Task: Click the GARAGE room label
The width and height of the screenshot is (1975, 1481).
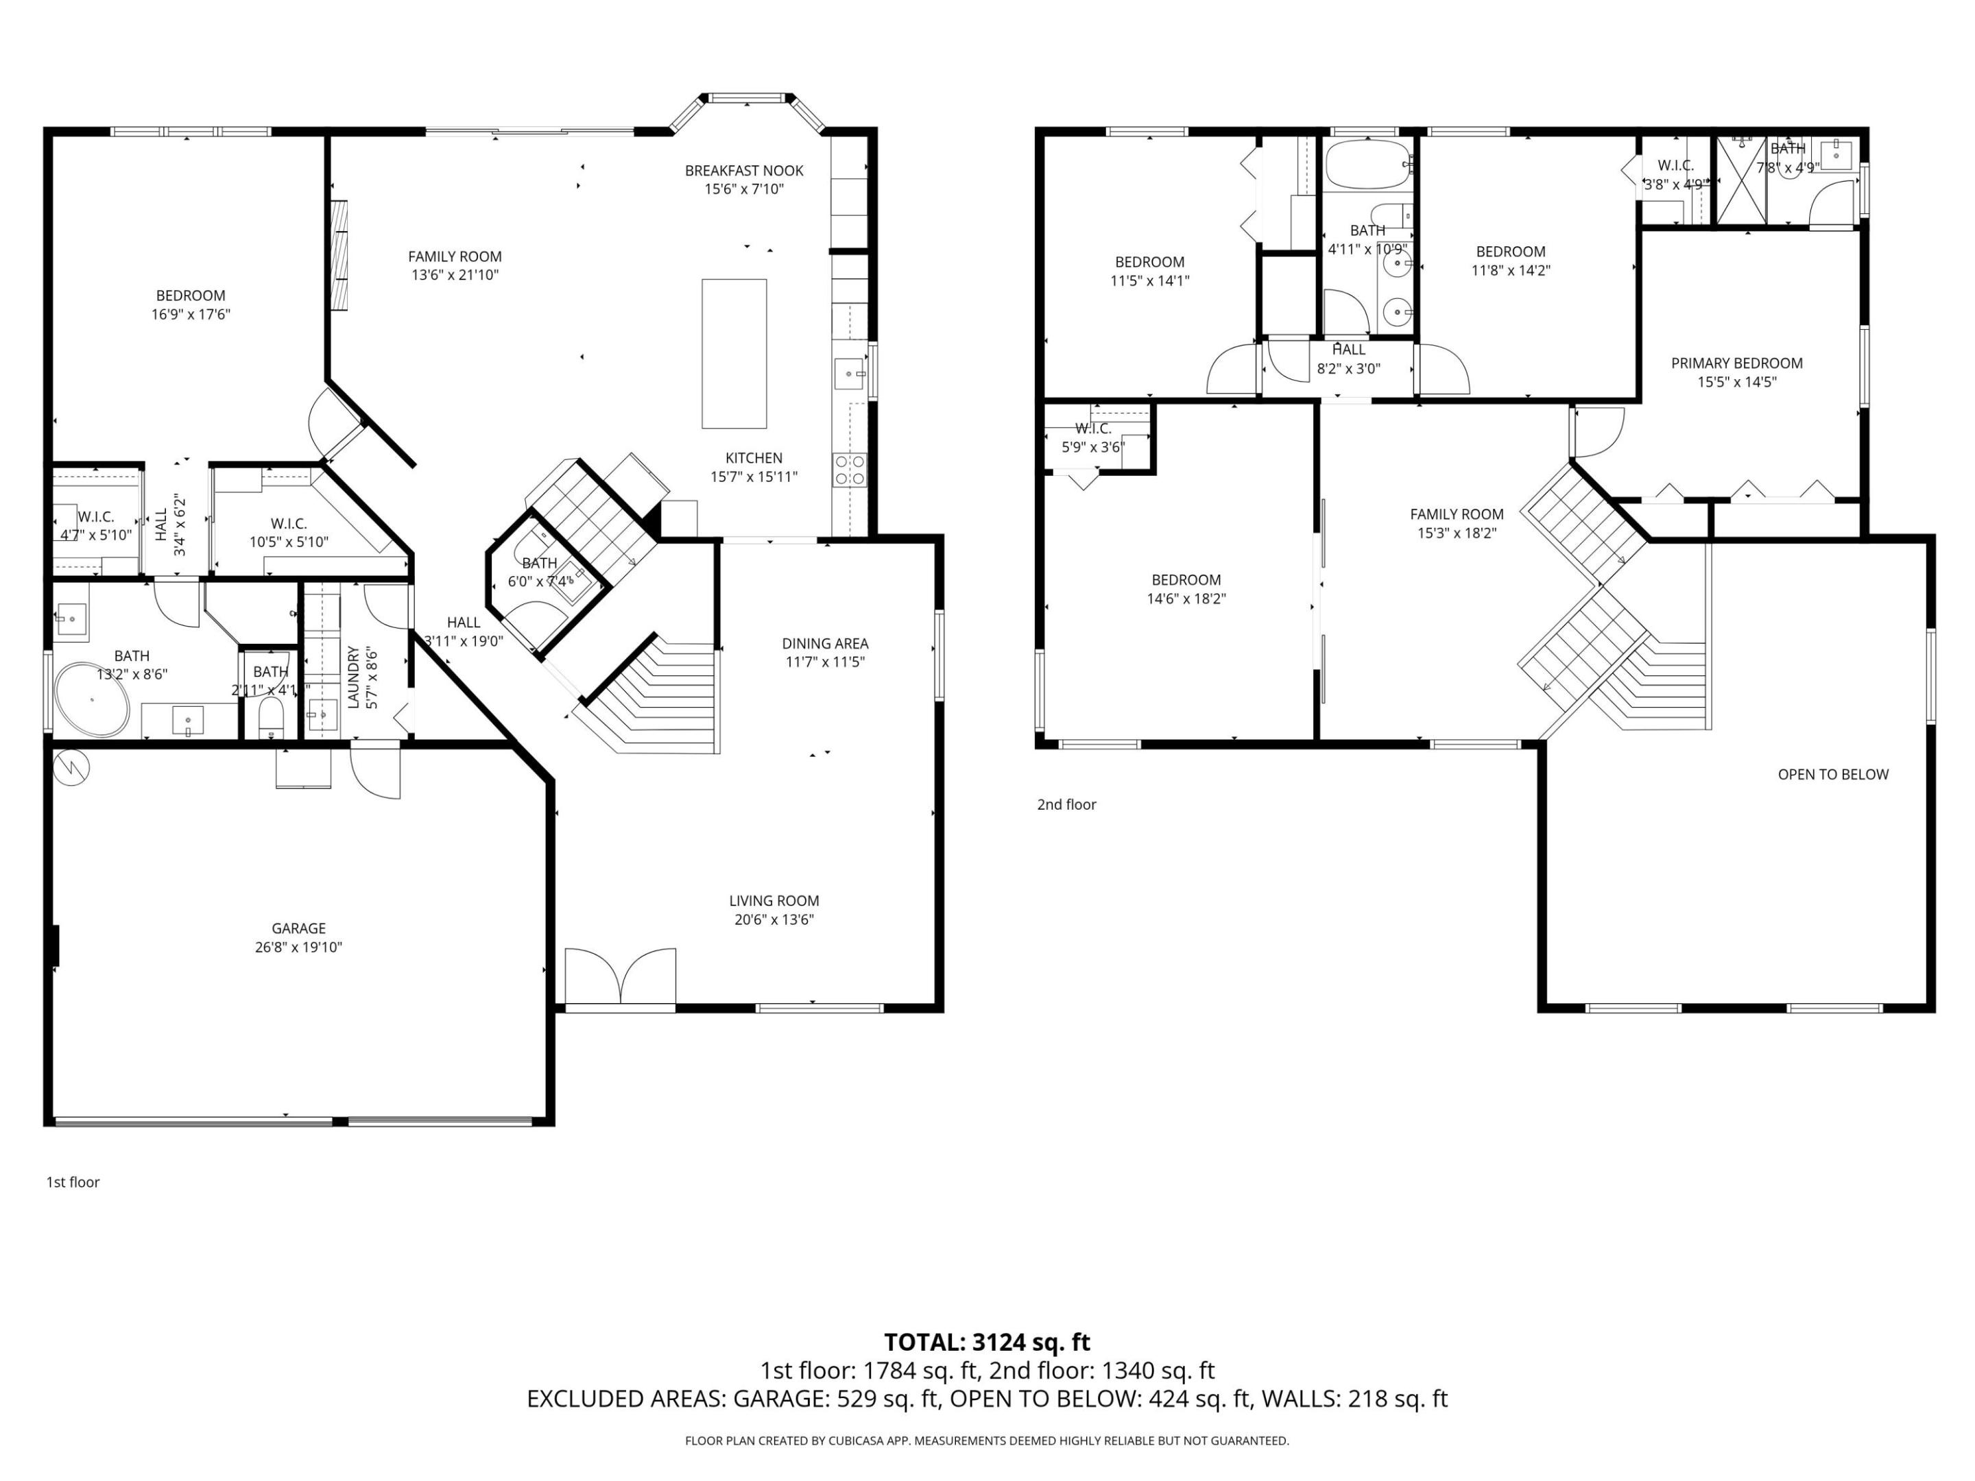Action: [298, 928]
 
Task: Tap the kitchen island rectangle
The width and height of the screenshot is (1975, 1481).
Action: [734, 354]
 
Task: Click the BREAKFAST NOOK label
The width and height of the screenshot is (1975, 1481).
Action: [744, 171]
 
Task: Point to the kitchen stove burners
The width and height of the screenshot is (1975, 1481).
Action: [849, 470]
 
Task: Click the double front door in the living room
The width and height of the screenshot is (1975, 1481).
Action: [621, 978]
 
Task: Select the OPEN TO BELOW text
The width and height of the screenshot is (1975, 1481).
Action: [1832, 774]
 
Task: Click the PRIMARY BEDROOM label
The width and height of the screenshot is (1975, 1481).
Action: [1736, 363]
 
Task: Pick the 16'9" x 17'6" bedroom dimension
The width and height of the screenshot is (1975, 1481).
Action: [191, 314]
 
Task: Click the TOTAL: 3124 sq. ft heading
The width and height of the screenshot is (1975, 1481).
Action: [987, 1342]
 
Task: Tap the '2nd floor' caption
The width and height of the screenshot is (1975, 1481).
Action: [1066, 804]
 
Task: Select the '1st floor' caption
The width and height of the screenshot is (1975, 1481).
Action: [73, 1182]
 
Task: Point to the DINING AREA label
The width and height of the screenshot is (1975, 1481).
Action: [824, 642]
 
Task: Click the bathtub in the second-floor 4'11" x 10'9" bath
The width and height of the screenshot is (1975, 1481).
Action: [1365, 165]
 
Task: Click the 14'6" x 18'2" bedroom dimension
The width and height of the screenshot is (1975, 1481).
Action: [1186, 599]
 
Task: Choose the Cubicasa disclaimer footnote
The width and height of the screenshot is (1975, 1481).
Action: [987, 1440]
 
